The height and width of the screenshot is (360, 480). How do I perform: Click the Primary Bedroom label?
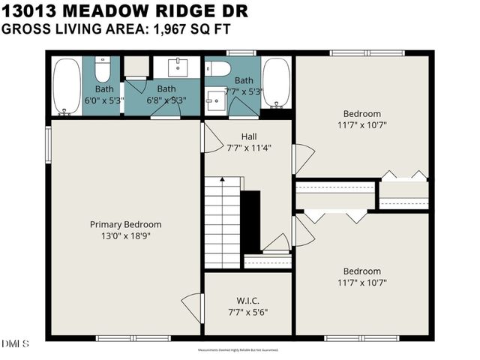tap(125, 224)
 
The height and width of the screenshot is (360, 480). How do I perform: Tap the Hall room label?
tap(249, 136)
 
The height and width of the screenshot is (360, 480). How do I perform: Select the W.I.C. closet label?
tap(247, 301)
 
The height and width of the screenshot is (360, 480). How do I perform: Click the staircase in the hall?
tap(223, 223)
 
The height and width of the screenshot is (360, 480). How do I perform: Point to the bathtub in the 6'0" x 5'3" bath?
tap(67, 86)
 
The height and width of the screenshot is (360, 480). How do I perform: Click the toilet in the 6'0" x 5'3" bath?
tap(103, 69)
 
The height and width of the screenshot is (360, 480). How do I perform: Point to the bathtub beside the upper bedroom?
tap(275, 83)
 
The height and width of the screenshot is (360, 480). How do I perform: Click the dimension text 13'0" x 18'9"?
tap(125, 235)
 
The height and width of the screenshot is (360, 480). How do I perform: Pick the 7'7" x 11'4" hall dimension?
tap(249, 148)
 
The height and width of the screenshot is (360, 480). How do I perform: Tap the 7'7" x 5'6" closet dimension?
tap(247, 312)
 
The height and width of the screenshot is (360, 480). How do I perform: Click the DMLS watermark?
tap(15, 343)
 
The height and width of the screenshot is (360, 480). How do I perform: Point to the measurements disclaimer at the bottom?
tap(239, 350)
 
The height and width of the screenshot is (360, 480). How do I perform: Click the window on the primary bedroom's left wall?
tap(49, 144)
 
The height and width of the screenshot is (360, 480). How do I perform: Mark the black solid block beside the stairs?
tap(250, 221)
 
